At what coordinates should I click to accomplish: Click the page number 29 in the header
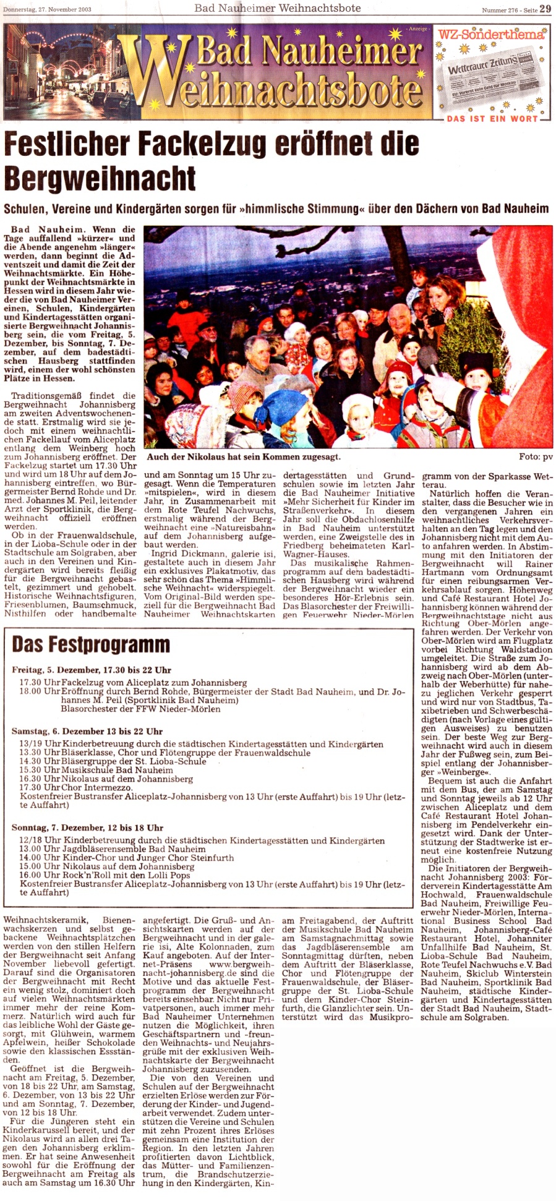pyautogui.click(x=545, y=8)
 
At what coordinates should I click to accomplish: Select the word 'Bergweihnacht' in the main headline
pyautogui.click(x=100, y=178)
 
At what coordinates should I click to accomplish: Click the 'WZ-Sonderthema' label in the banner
pyautogui.click(x=491, y=35)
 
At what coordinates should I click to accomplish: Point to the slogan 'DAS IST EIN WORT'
pyautogui.click(x=492, y=119)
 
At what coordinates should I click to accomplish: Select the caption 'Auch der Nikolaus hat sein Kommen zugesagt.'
pyautogui.click(x=243, y=457)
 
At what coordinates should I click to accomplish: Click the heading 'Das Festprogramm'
pyautogui.click(x=91, y=644)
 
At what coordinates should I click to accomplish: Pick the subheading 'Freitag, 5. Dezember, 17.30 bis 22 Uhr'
pyautogui.click(x=92, y=670)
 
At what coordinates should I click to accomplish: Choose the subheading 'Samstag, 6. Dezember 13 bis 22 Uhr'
pyautogui.click(x=87, y=731)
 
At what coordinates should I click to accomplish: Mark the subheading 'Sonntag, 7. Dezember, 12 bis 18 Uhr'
pyautogui.click(x=87, y=827)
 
